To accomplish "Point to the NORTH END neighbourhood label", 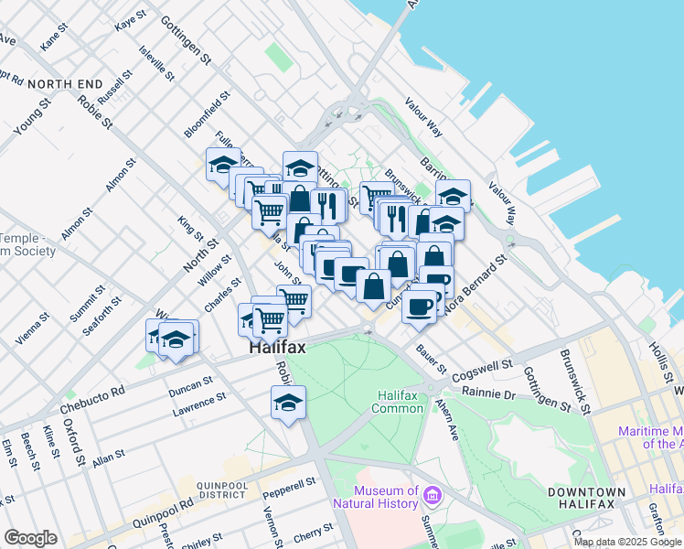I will click(65, 84).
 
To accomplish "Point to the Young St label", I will click(32, 117).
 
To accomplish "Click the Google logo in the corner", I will click(30, 538).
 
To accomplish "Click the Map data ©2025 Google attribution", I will click(627, 542).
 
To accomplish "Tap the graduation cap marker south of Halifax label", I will click(288, 403).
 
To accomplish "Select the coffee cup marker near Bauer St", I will click(419, 307).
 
